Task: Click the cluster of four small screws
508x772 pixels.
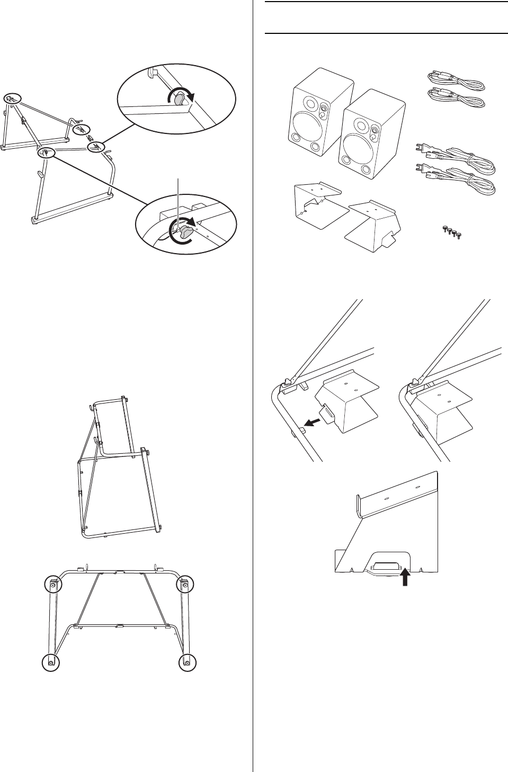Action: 450,231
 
